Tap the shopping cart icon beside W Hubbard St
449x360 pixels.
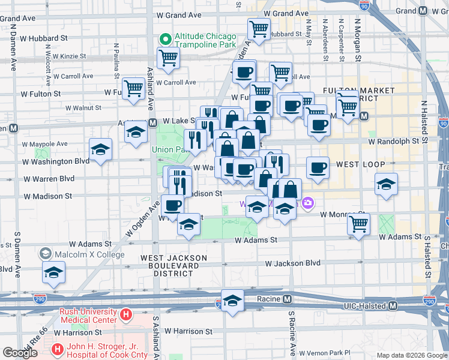259,28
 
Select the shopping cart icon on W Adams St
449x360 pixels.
358,224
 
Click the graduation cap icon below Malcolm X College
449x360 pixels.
53,273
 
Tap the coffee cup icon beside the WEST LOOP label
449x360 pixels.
318,167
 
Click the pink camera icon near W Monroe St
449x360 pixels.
308,203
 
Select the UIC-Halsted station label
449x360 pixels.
362,305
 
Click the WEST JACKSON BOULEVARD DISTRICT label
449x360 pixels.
174,265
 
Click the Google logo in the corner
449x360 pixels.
20,353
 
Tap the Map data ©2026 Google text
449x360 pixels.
411,355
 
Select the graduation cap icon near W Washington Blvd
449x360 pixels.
100,150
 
